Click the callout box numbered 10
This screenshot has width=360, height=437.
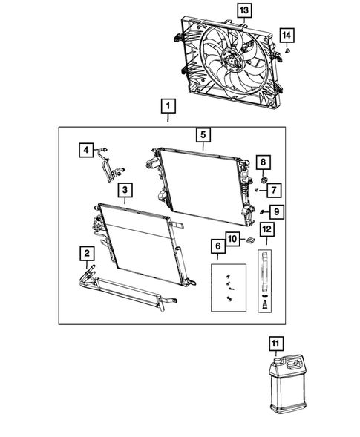click(232, 239)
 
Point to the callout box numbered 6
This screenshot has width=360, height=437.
click(219, 246)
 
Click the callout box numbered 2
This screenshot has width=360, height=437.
click(88, 256)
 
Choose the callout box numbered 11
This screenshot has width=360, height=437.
click(276, 343)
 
